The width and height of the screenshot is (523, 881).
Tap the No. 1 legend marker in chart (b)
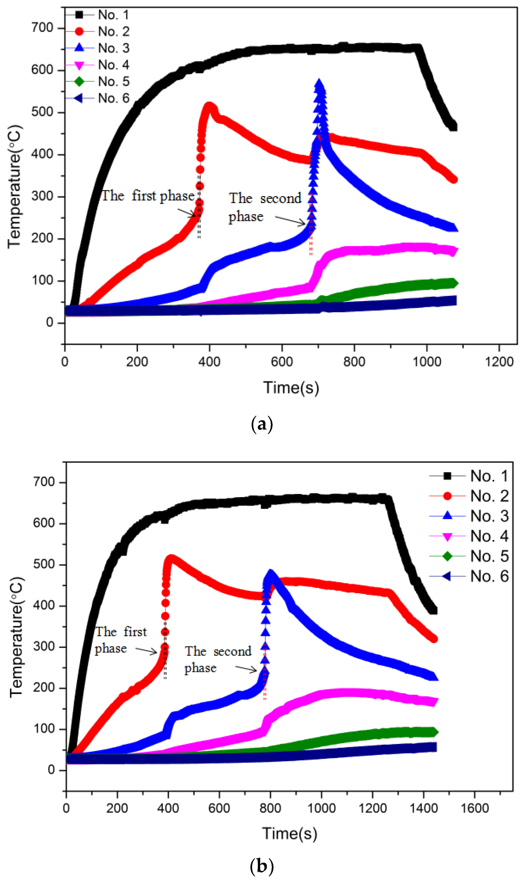[447, 476]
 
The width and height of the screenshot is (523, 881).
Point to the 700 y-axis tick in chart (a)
[42, 28]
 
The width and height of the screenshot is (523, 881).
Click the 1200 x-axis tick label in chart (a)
[499, 362]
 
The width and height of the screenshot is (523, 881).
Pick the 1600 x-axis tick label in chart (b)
[474, 808]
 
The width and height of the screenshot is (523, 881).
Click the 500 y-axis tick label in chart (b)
[44, 564]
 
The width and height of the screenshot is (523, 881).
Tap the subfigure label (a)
[262, 424]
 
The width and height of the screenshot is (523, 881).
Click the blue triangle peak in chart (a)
[319, 84]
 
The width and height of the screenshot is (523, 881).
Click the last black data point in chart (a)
[453, 127]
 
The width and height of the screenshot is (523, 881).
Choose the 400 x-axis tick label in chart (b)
[168, 808]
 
